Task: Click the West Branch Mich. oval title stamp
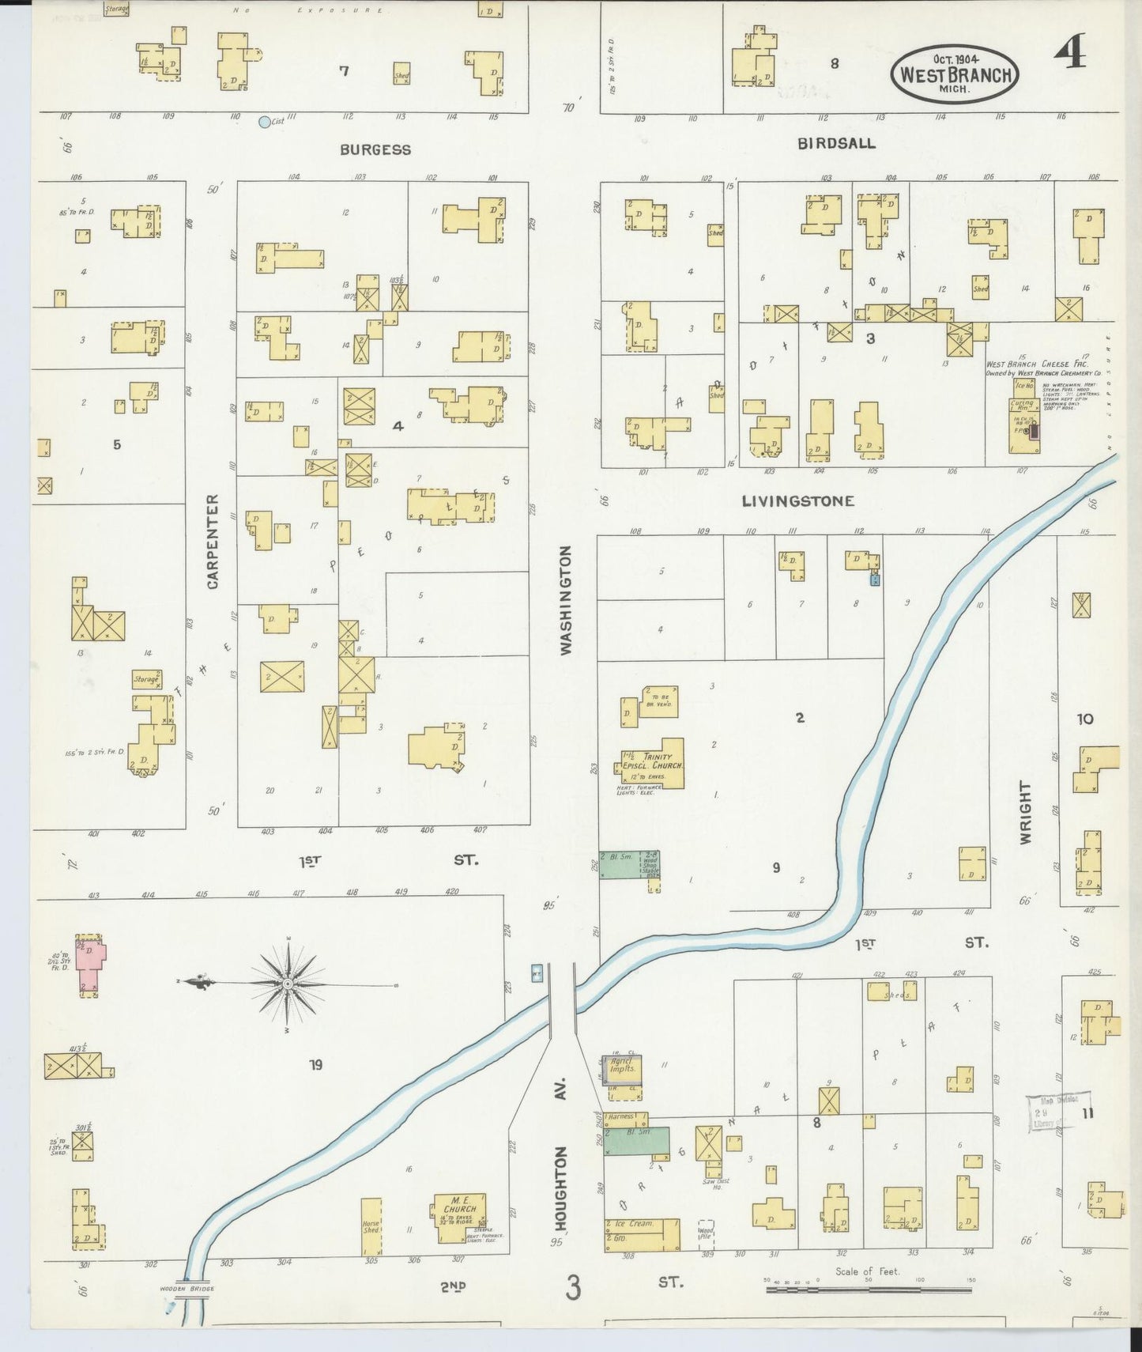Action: point(955,73)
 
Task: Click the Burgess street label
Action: point(375,149)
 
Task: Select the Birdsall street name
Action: point(836,143)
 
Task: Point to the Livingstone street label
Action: point(797,500)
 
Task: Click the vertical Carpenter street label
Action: point(213,542)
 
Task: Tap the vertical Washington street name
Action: point(565,600)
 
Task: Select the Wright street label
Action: point(1026,813)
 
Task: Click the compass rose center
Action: point(288,984)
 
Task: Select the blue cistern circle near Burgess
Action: point(265,122)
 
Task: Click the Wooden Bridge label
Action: point(187,1289)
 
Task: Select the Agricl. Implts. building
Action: point(622,1068)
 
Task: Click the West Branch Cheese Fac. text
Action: point(1036,364)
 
